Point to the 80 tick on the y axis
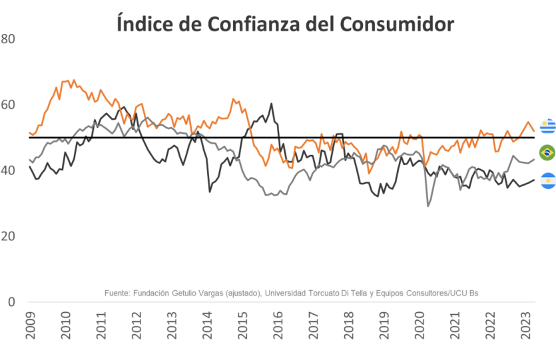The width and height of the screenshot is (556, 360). tap(8, 39)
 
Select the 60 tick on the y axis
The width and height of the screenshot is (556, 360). tap(8, 105)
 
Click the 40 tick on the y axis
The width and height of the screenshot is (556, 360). tap(8, 171)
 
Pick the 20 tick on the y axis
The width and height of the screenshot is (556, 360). tap(8, 236)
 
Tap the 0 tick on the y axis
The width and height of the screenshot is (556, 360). tap(11, 302)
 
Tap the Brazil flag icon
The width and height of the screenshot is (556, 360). tap(548, 152)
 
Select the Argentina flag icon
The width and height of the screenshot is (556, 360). tap(548, 180)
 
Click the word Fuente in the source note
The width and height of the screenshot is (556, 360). tap(117, 293)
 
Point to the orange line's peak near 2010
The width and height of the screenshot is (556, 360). tap(73, 80)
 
